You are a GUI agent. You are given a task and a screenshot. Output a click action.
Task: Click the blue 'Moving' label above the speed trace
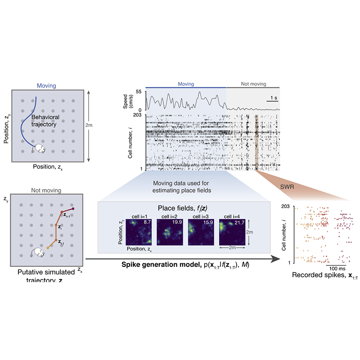click(186, 84)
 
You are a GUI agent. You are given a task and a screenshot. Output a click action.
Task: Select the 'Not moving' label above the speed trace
click(253, 84)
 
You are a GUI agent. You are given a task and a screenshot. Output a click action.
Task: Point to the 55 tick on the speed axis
click(139, 92)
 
